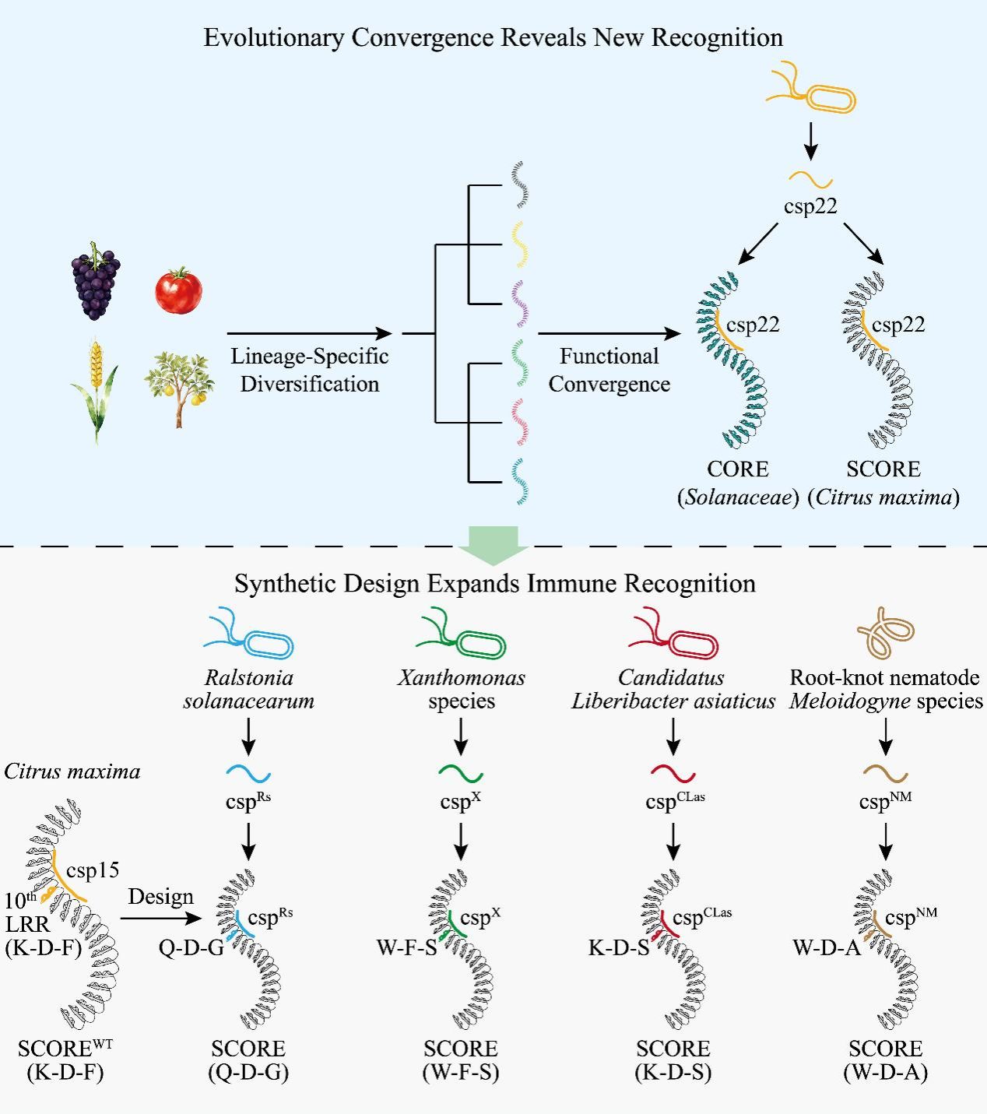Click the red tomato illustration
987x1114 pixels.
(178, 290)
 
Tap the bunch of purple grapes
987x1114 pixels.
(96, 281)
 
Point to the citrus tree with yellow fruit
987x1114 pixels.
(179, 387)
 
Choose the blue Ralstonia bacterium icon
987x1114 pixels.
(249, 635)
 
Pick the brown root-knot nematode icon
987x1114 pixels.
(885, 632)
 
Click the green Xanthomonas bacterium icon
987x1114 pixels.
(462, 635)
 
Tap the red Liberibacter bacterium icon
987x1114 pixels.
(674, 635)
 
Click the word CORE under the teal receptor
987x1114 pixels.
(737, 469)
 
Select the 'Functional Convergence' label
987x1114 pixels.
(609, 370)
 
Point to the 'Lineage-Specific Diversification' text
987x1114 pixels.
(310, 370)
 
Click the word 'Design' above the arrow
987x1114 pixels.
(160, 897)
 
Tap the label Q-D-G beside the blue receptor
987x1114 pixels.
(191, 948)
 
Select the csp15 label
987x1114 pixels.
(93, 870)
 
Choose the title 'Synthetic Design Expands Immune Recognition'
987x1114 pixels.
(495, 584)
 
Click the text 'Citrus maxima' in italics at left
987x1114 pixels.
(72, 771)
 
